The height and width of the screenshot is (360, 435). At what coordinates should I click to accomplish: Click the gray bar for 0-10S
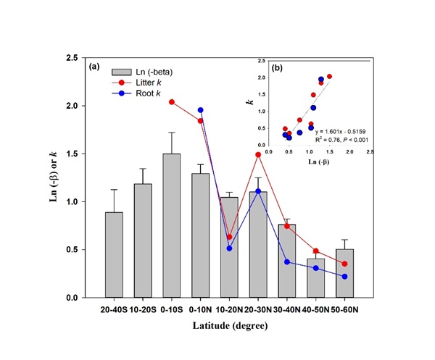click(172, 225)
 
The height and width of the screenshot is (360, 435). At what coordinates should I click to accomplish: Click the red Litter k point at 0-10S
click(172, 102)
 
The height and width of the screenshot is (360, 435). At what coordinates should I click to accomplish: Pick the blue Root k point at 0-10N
click(200, 110)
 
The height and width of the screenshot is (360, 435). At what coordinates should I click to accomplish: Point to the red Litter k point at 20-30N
click(257, 154)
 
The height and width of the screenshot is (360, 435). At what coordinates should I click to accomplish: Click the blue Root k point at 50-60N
click(344, 277)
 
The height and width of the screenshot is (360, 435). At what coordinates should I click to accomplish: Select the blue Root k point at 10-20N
click(228, 248)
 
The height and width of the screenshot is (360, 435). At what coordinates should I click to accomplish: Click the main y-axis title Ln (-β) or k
click(54, 178)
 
